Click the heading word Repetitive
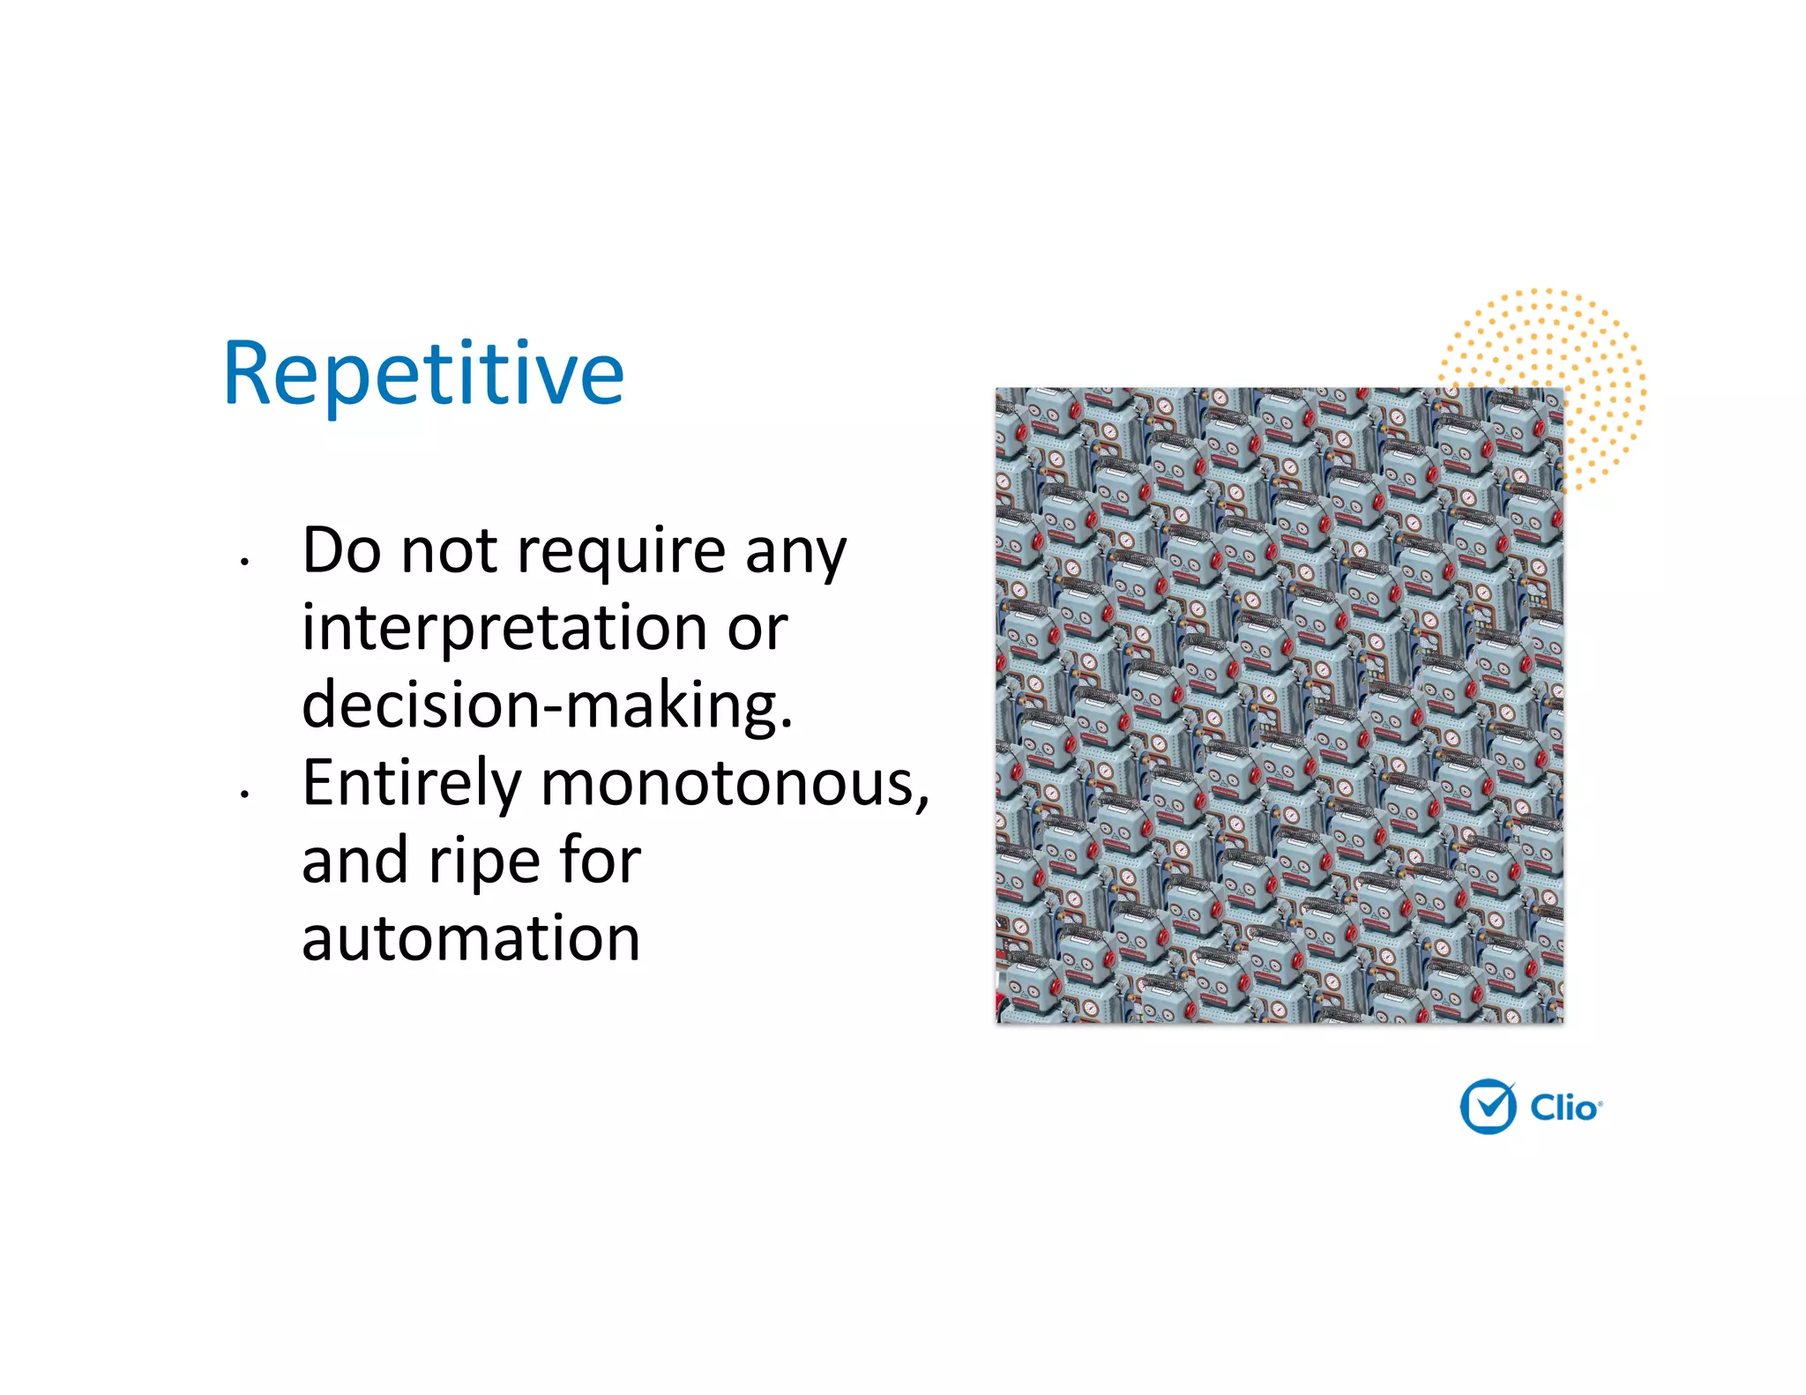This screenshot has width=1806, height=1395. (x=423, y=374)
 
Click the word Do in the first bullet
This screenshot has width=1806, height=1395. (x=341, y=550)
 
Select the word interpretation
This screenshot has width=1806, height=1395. (x=504, y=630)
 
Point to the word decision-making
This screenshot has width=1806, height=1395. (x=547, y=706)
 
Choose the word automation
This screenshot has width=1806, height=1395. (x=471, y=938)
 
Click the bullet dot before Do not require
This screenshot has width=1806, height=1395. (x=244, y=561)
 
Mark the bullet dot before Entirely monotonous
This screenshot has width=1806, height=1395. (x=244, y=794)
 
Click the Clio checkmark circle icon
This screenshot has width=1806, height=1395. (x=1488, y=1106)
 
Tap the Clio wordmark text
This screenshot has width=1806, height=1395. (x=1563, y=1108)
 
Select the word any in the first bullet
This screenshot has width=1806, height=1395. (x=795, y=554)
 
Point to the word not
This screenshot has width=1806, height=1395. (x=449, y=550)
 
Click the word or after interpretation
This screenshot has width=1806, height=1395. (x=757, y=630)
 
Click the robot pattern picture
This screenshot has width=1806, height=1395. (x=1279, y=705)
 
